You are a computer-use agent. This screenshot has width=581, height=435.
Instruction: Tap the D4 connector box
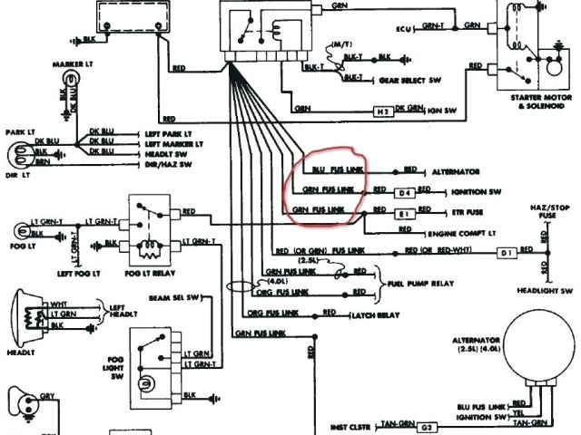(405, 192)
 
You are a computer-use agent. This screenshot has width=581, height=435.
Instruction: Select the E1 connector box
(405, 214)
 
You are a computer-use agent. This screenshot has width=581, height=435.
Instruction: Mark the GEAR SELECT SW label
(406, 79)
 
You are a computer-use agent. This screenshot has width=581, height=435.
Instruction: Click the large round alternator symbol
(539, 340)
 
